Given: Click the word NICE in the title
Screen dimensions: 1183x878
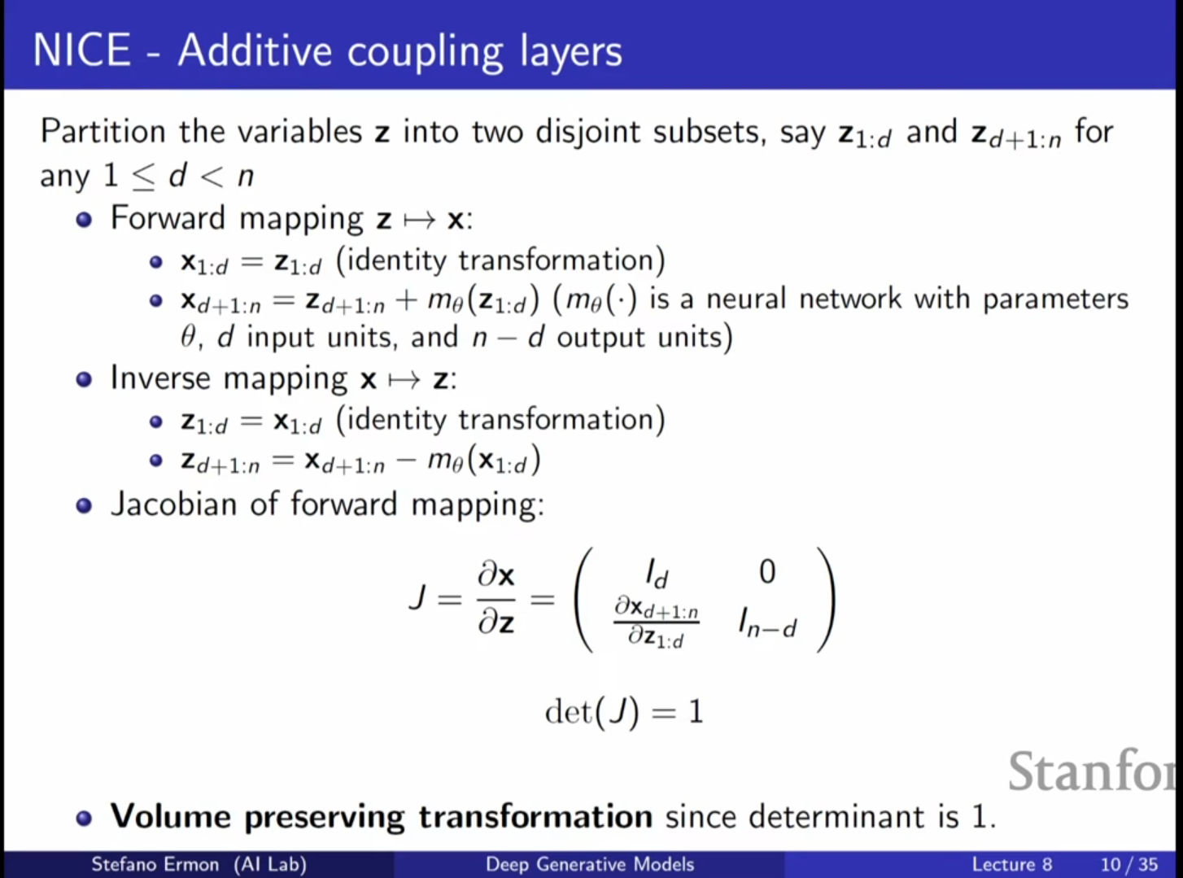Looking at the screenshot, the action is [81, 50].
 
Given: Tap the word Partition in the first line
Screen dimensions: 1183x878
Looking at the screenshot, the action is [103, 132].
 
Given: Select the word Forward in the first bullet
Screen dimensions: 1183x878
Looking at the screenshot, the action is [168, 218].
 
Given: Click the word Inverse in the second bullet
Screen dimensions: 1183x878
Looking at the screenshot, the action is [159, 378].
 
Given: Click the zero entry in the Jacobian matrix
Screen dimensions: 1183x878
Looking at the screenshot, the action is [766, 572].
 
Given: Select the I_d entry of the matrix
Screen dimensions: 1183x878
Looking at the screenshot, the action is [656, 574].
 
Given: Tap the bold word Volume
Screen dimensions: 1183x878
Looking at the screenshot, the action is [170, 816].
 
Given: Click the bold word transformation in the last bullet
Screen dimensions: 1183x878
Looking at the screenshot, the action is [535, 816].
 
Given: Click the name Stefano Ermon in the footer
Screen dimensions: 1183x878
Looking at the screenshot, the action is [155, 864].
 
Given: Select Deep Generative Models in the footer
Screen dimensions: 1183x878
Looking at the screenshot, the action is [590, 864].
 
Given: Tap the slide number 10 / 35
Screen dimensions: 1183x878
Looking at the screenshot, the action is [1128, 864].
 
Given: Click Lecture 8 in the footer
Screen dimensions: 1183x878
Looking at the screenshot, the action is [1011, 864].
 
